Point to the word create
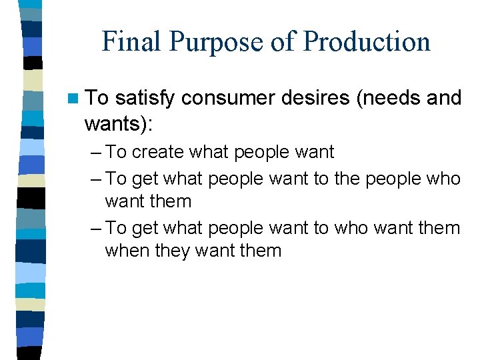click(x=158, y=152)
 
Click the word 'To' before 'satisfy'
click(x=97, y=98)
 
